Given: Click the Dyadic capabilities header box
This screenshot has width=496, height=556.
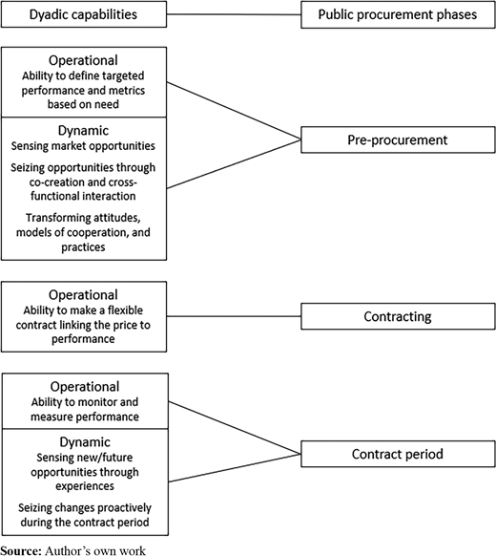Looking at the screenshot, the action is coord(84,14).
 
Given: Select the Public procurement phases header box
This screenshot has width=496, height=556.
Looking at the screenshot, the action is coord(398,14).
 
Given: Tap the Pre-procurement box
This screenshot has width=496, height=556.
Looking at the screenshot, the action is coord(398,139).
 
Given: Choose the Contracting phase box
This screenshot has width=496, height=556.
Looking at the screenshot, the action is coord(398,316).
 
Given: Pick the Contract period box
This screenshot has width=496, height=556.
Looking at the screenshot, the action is coord(398,454).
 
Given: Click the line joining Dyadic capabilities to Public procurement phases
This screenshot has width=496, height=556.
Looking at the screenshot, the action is coord(234,14).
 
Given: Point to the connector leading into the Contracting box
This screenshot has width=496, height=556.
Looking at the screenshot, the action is coord(234,316).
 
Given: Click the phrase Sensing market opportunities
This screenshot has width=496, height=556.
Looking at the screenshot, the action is coord(83,146).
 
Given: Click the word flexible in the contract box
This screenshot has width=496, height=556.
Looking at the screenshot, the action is coord(125,310).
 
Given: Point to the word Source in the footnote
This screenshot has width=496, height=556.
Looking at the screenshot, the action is coord(21,550).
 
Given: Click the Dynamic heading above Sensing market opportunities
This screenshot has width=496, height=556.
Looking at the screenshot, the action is coord(83,131).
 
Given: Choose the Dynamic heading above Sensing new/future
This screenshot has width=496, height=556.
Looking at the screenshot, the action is coord(85,442).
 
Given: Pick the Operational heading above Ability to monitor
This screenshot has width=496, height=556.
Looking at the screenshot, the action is coord(85,387).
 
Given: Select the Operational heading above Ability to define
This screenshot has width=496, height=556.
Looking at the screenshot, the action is coord(83,60).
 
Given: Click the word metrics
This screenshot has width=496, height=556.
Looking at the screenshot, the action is coord(127,91).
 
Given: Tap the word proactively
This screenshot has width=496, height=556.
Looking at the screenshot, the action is coord(124,508).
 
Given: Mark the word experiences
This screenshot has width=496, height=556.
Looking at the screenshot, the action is coord(85,486).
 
